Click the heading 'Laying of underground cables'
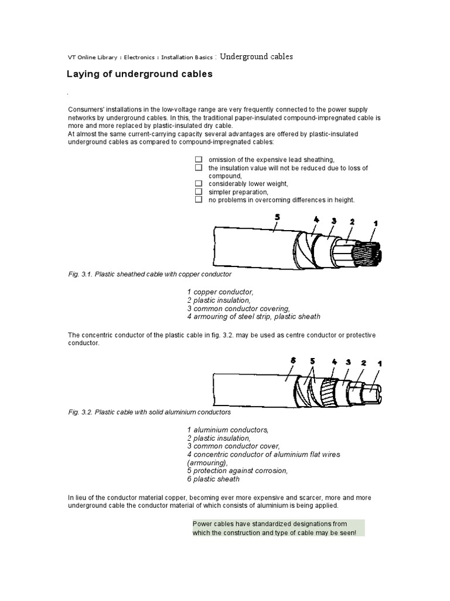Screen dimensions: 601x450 pyautogui.click(x=139, y=75)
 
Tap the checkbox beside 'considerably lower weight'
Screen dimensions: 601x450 pyautogui.click(x=199, y=184)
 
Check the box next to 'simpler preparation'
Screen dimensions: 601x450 pyautogui.click(x=199, y=192)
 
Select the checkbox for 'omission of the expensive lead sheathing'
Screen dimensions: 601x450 pyautogui.click(x=199, y=160)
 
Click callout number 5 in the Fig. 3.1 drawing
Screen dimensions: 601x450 pyautogui.click(x=277, y=217)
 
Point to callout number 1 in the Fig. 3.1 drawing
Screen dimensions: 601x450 pyautogui.click(x=376, y=224)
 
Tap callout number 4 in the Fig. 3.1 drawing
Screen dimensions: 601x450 pyautogui.click(x=316, y=220)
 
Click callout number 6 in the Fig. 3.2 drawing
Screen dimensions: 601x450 pyautogui.click(x=294, y=361)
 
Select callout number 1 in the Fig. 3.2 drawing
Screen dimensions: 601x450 pyautogui.click(x=379, y=364)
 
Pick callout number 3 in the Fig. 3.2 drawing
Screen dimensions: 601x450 pyautogui.click(x=348, y=362)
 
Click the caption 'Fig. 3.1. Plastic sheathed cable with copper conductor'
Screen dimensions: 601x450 pyautogui.click(x=150, y=274)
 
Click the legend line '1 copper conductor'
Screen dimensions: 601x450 pyautogui.click(x=220, y=292)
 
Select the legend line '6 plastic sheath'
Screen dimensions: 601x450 pyautogui.click(x=213, y=479)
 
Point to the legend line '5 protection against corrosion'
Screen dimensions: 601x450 pyautogui.click(x=237, y=471)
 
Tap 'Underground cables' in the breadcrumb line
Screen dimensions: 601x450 pyautogui.click(x=256, y=56)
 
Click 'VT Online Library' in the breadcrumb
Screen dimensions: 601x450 pyautogui.click(x=90, y=58)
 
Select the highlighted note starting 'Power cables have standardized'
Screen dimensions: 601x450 pyautogui.click(x=278, y=528)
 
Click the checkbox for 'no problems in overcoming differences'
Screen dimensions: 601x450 pyautogui.click(x=199, y=200)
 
